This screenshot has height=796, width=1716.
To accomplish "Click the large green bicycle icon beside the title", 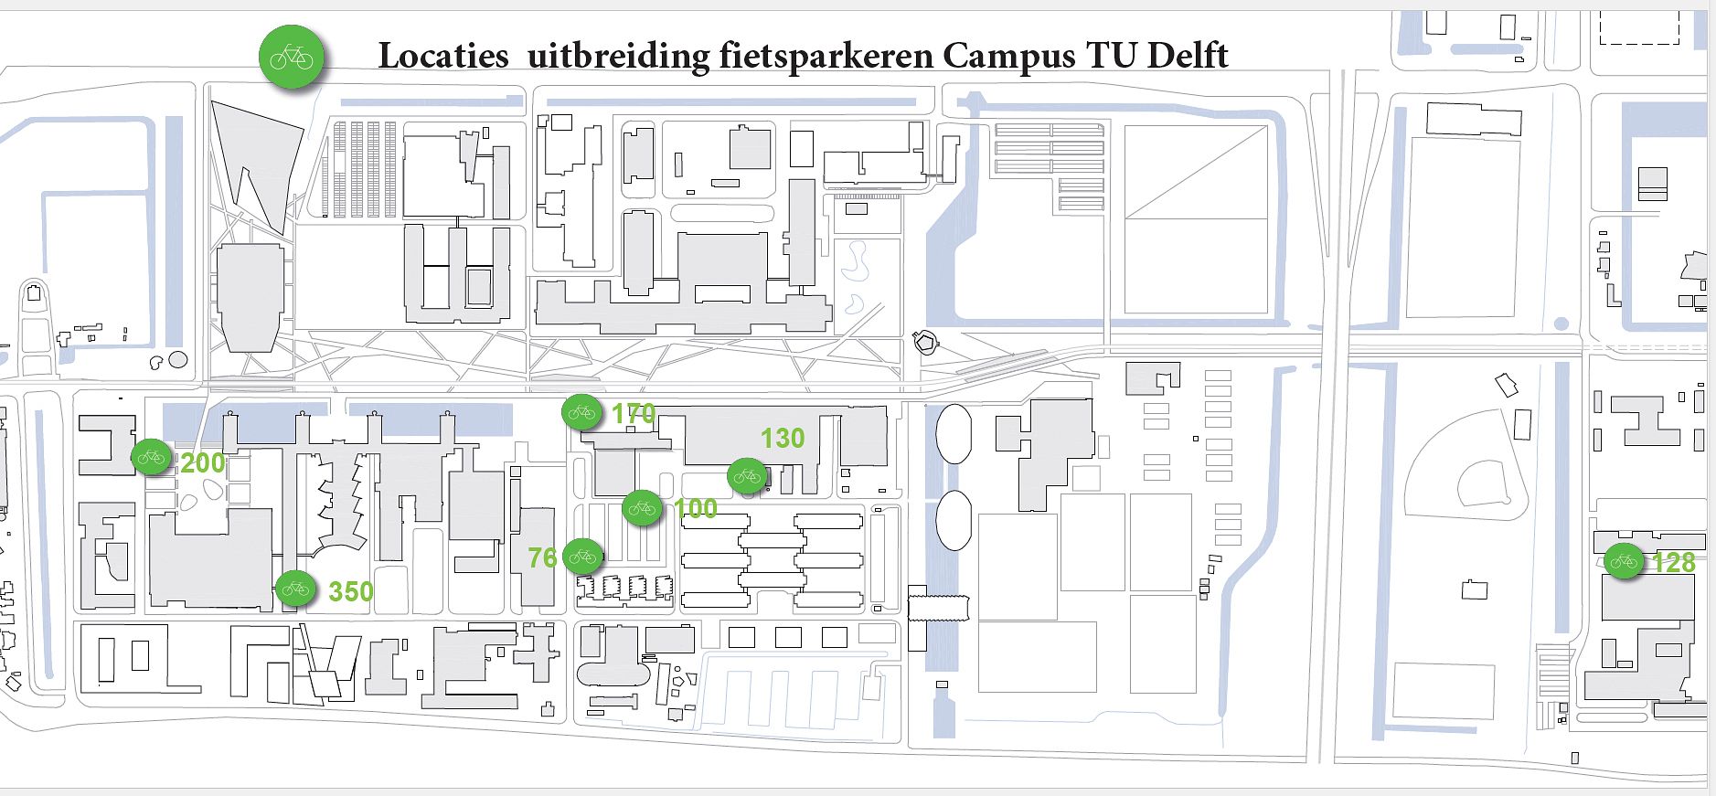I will point(292,58).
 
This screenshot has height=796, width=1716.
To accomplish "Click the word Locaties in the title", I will point(443,56).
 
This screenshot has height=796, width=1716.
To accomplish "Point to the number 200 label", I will point(203,462).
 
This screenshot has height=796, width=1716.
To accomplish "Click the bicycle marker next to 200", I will point(151,456).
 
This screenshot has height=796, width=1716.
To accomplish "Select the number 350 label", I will point(351,591).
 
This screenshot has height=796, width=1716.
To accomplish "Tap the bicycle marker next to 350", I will point(295,589).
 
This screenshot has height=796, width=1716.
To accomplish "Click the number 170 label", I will point(634,414).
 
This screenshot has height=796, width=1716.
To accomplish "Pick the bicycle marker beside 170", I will point(581,412).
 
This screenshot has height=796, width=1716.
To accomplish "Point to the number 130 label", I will point(783,439).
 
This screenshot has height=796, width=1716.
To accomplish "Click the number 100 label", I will point(696,508).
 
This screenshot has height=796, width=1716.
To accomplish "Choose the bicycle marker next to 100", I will point(642,507).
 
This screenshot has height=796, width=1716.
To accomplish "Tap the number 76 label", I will point(542,557).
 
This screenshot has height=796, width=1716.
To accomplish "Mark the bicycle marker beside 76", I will point(582,556).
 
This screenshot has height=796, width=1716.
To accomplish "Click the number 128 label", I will point(1674,562).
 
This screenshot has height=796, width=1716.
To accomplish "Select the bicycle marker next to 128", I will point(1624,560).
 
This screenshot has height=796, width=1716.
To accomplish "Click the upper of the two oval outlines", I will point(954,434).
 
